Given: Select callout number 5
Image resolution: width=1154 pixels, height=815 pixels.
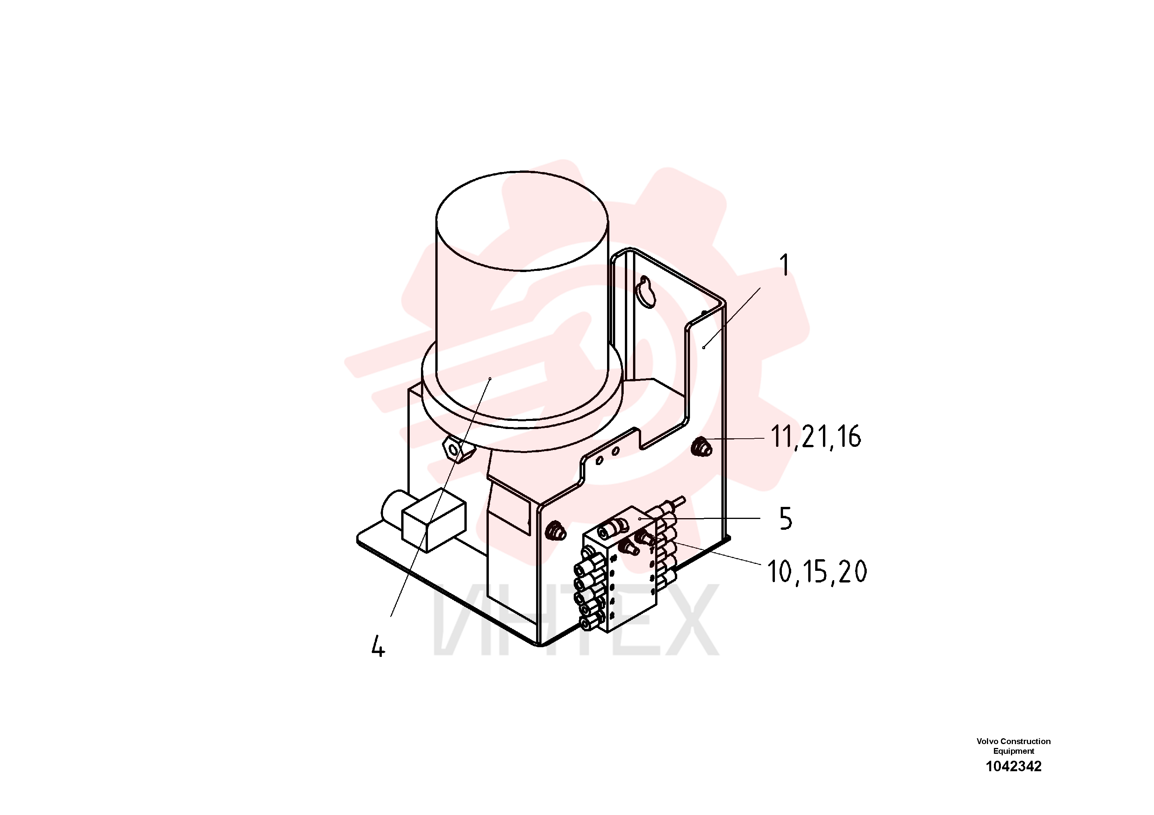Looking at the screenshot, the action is point(786,519).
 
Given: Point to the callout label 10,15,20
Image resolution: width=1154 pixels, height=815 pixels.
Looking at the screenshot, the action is point(817,572).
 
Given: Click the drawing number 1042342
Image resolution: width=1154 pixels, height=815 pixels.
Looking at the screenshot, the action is point(1013,766).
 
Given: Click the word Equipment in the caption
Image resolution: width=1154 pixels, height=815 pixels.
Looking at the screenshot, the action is point(1013,751).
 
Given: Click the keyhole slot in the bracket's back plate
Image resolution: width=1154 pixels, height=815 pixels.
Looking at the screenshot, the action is point(645,293).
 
